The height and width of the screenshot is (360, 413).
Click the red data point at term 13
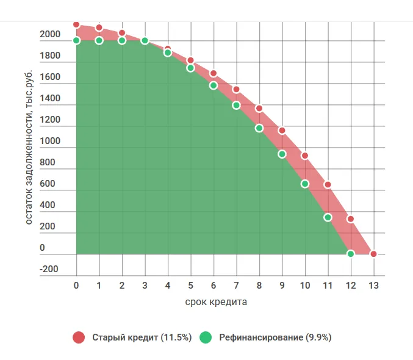pyautogui.click(x=373, y=254)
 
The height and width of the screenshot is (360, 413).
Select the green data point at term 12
pyautogui.click(x=351, y=254)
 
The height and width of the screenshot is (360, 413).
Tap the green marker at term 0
pyautogui.click(x=76, y=40)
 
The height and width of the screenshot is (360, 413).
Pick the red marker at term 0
pyautogui.click(x=76, y=24)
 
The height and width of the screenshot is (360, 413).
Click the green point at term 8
pyautogui.click(x=259, y=128)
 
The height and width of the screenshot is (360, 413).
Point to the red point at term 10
pyautogui.click(x=305, y=156)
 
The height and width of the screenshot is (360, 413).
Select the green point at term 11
pyautogui.click(x=328, y=217)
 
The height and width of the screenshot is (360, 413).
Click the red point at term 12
pyautogui.click(x=351, y=219)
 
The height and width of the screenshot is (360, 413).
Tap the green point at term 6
pyautogui.click(x=214, y=85)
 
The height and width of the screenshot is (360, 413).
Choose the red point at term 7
pyautogui.click(x=236, y=90)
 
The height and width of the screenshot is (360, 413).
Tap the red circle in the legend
pyautogui.click(x=78, y=337)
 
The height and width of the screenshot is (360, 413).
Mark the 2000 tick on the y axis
pyautogui.click(x=50, y=35)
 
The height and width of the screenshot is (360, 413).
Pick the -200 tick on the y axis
pyautogui.click(x=50, y=269)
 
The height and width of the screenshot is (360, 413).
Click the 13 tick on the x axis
pyautogui.click(x=373, y=285)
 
